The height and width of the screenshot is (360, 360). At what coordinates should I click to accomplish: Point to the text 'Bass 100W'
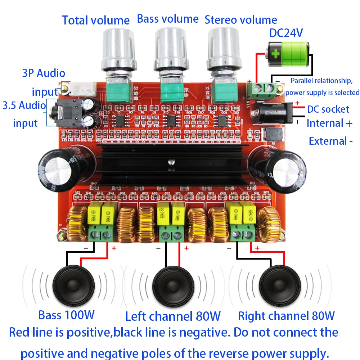pyautogui.click(x=67, y=315)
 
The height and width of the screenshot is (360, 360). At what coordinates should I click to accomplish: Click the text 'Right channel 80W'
pyautogui.click(x=286, y=316)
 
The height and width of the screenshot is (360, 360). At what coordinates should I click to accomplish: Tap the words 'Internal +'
pyautogui.click(x=329, y=123)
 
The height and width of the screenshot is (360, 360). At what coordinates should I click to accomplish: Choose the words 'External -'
pyautogui.click(x=330, y=141)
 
